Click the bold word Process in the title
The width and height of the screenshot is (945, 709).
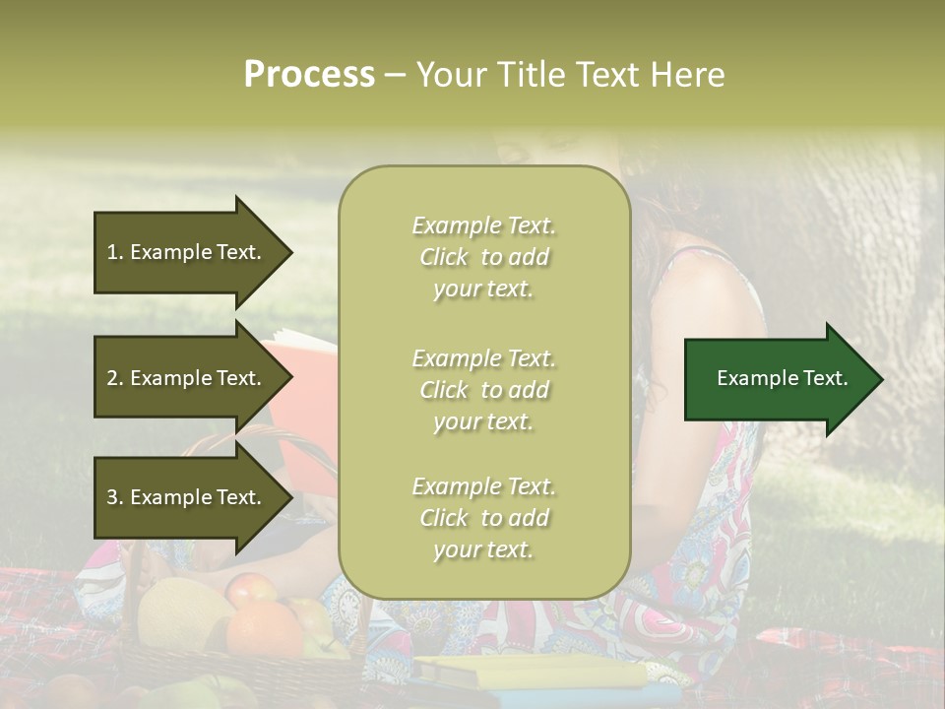309,75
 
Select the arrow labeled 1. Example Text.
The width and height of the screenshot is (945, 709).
187,252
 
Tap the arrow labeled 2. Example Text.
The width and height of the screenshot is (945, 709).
187,378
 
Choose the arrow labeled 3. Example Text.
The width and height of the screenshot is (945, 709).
187,497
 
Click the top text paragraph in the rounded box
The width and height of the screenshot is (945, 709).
483,257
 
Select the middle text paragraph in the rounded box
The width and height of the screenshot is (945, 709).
483,390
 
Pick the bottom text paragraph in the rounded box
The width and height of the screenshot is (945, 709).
483,518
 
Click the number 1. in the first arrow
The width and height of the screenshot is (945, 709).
115,252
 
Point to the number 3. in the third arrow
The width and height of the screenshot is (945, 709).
115,497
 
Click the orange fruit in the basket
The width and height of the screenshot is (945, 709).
263,630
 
